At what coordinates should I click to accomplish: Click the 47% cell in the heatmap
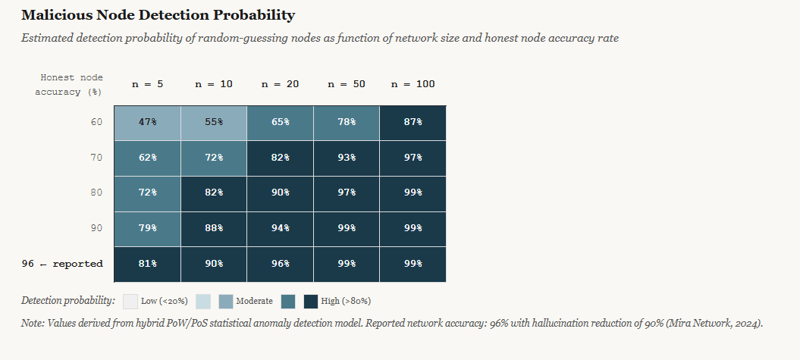point(147,122)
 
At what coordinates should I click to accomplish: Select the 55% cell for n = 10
point(214,122)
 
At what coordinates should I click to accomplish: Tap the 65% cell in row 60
point(280,122)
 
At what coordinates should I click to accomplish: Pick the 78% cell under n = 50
point(347,122)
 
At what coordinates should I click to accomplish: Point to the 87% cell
point(413,122)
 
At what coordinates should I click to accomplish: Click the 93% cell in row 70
point(347,158)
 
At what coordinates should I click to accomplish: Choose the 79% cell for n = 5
point(147,228)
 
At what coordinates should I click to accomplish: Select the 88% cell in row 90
point(214,228)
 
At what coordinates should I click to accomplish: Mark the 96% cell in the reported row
point(280,264)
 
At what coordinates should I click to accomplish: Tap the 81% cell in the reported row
point(147,264)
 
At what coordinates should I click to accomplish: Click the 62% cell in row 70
point(147,158)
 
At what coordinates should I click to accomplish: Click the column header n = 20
point(280,84)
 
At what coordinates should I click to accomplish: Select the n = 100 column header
point(413,84)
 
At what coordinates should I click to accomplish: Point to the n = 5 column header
point(147,84)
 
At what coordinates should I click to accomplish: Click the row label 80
point(96,193)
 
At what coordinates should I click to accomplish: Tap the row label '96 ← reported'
point(62,264)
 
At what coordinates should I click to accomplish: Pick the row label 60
point(96,122)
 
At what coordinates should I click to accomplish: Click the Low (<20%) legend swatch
point(130,302)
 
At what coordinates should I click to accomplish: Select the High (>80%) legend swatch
point(311,302)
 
